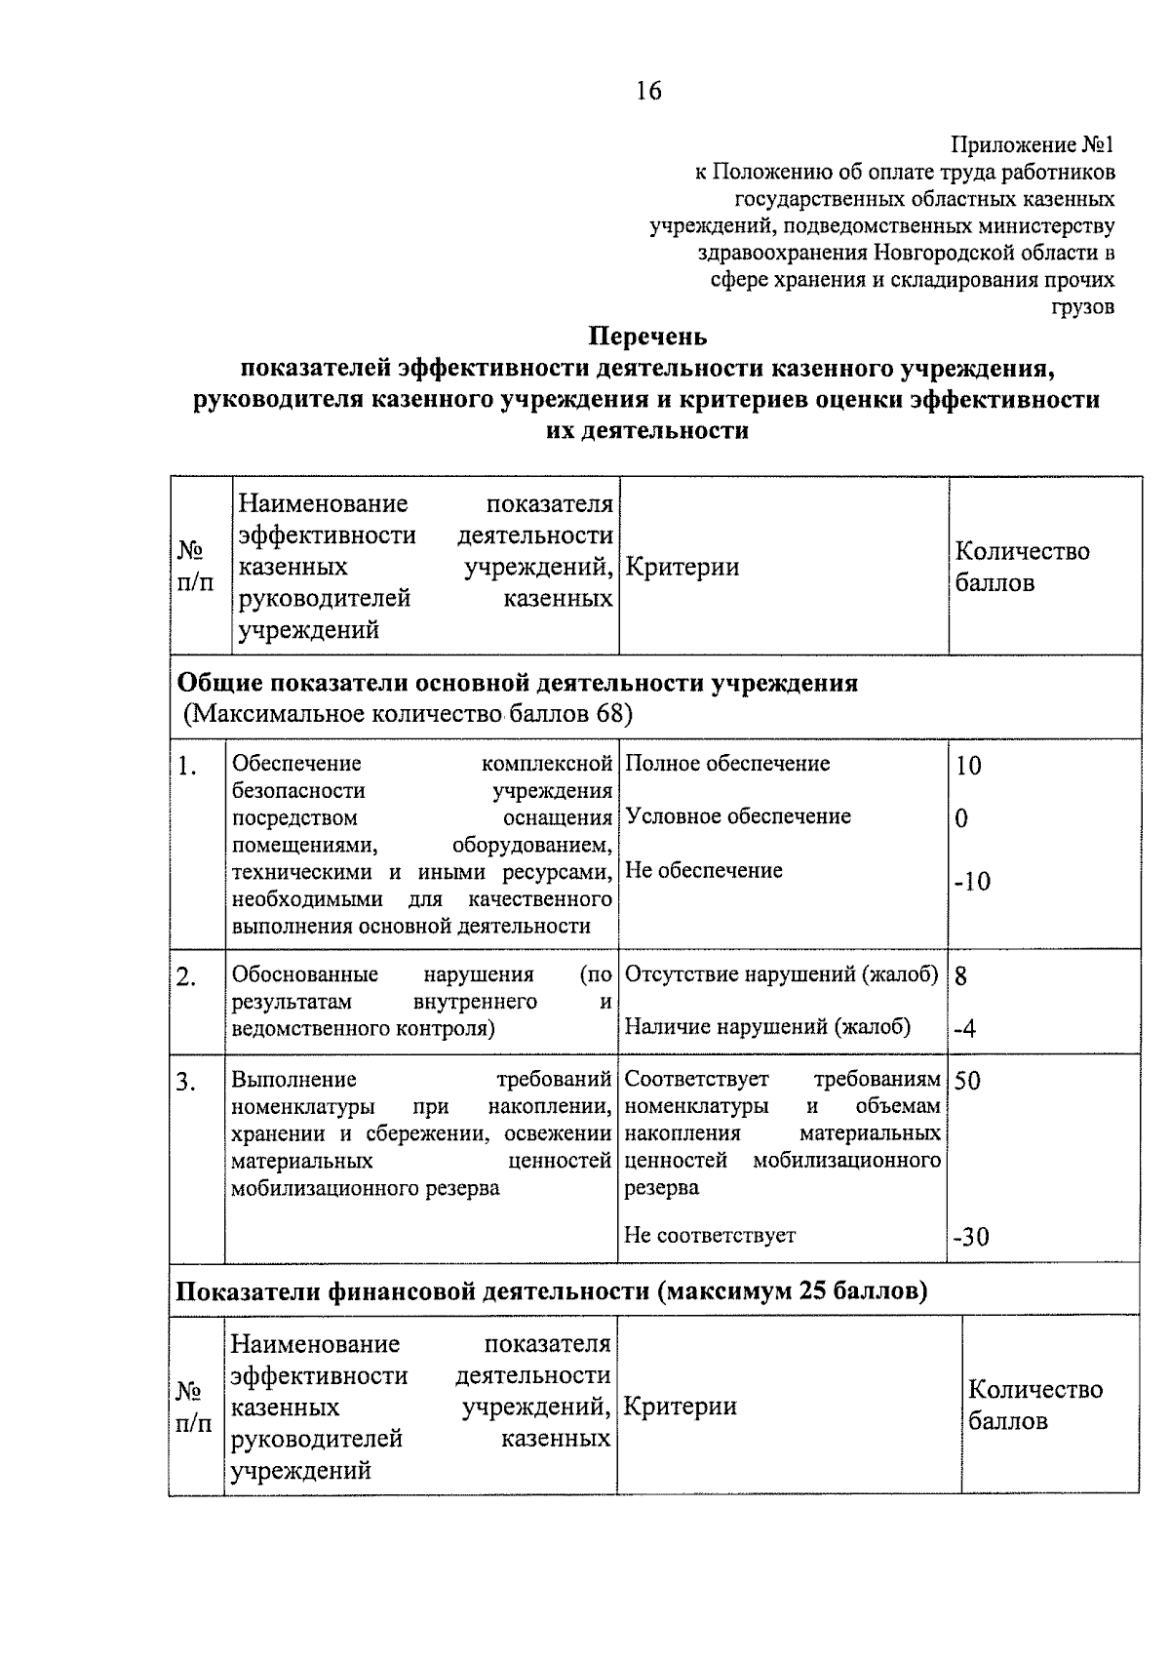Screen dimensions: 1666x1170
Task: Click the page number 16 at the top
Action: [x=648, y=91]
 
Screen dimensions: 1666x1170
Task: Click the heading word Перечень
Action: [x=647, y=337]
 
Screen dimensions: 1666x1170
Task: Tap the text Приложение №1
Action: [x=1033, y=145]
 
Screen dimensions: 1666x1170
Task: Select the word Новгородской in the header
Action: [x=952, y=254]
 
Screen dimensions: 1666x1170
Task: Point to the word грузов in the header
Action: [x=1082, y=307]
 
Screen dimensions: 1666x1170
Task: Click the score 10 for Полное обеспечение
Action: [x=968, y=766]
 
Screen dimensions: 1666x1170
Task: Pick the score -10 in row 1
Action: [x=972, y=882]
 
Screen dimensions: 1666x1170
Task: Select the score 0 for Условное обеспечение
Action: [x=962, y=818]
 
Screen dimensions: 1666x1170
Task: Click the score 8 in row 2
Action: [x=961, y=975]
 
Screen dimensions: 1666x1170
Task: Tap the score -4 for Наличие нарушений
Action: [x=964, y=1028]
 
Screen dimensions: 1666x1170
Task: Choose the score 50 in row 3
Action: [x=968, y=1080]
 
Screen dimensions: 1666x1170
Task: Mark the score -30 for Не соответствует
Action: [x=971, y=1237]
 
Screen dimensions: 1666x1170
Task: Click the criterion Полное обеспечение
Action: [x=727, y=764]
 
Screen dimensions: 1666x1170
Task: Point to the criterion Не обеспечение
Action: [x=703, y=870]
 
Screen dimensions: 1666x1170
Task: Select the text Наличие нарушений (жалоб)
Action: [x=767, y=1026]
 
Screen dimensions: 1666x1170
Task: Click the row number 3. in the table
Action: [x=187, y=1082]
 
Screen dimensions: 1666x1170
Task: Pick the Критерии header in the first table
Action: [x=682, y=567]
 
